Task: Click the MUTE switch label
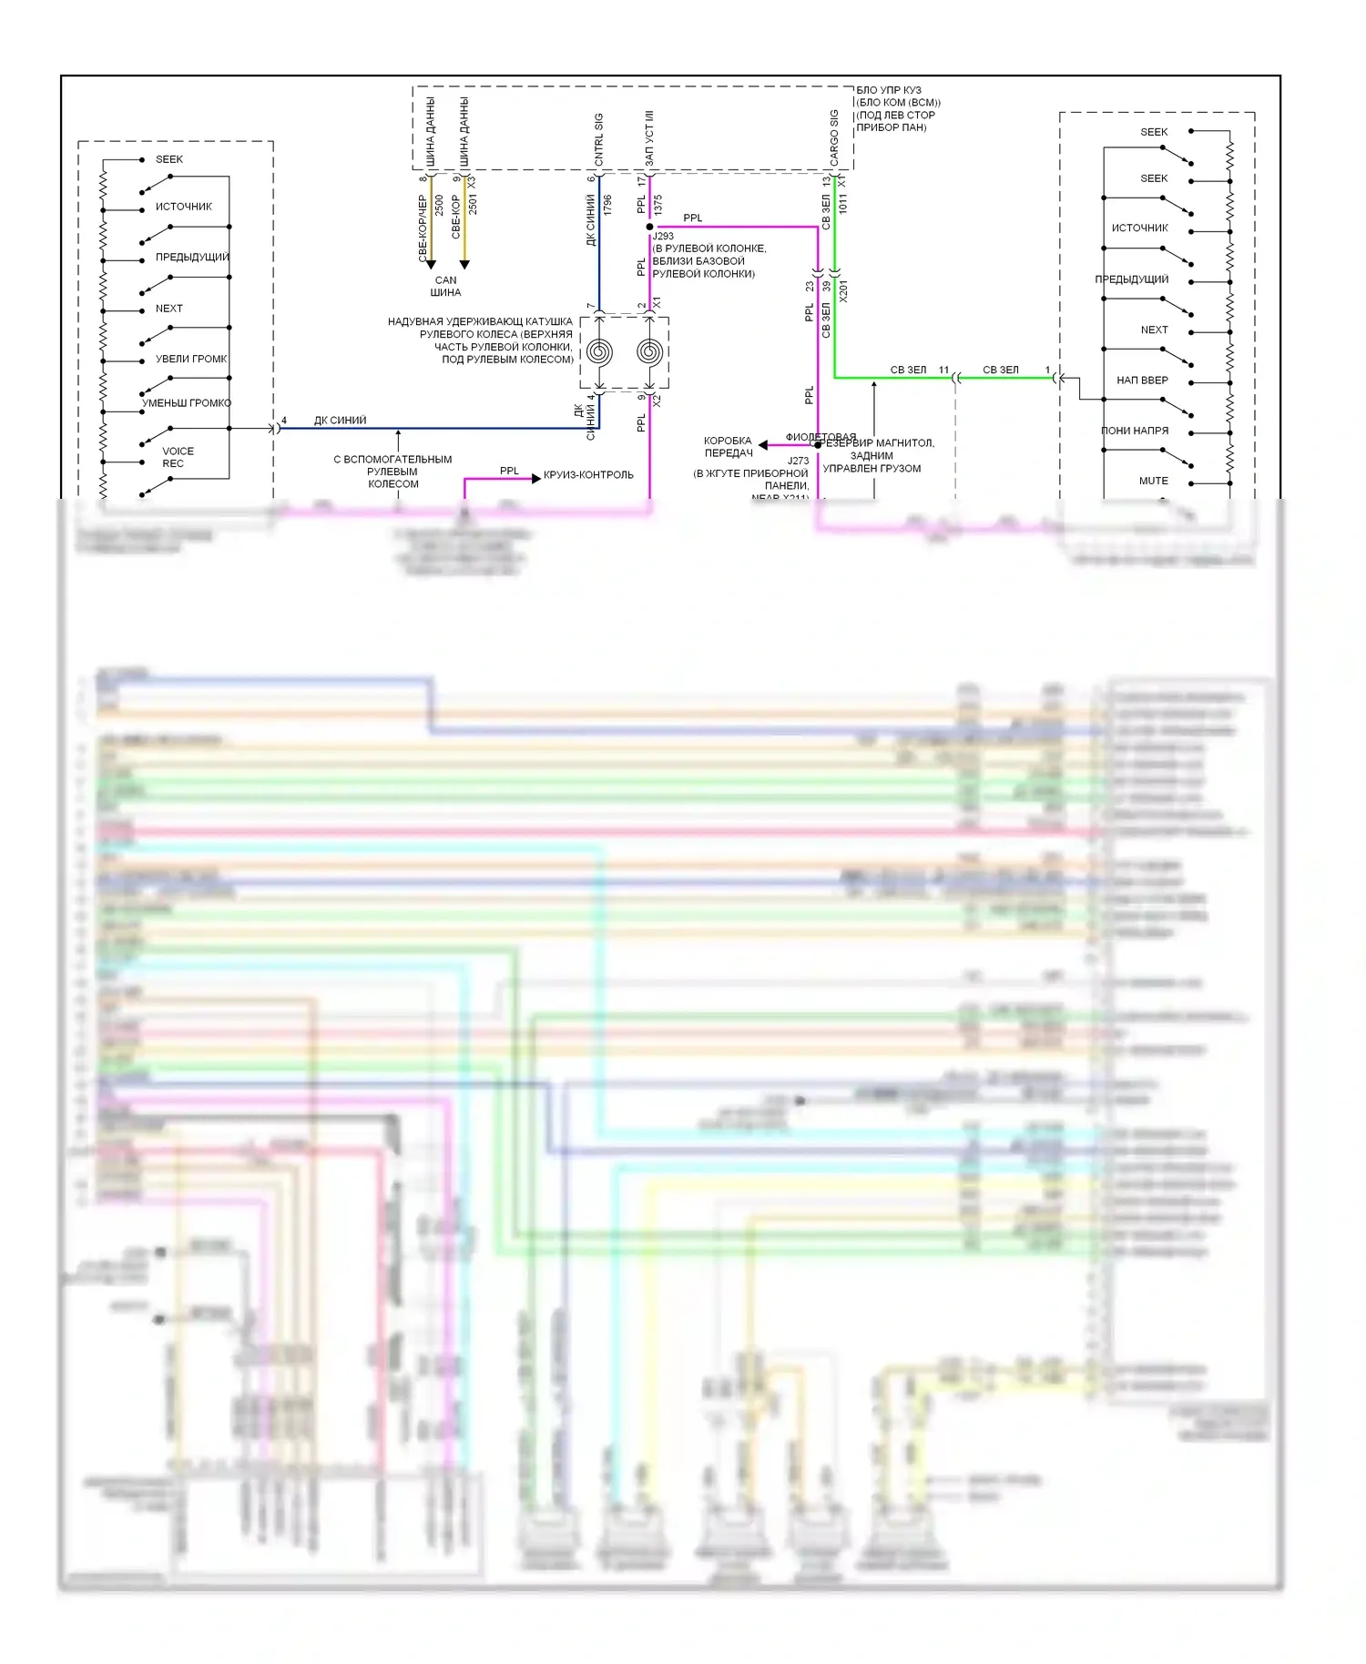click(1153, 481)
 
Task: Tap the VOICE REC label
click(177, 457)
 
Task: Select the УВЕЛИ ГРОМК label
click(191, 359)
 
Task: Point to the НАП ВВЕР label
click(1142, 380)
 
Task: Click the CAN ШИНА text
click(445, 287)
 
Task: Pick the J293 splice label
click(663, 237)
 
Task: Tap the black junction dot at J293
click(649, 227)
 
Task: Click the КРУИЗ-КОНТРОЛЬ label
click(588, 475)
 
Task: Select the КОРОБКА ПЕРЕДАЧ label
click(728, 447)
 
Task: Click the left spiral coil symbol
click(599, 351)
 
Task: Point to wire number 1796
click(607, 205)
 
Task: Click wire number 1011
click(843, 204)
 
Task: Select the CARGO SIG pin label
click(834, 138)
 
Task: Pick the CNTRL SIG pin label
click(599, 139)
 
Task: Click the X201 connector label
click(843, 291)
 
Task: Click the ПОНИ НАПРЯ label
click(1135, 431)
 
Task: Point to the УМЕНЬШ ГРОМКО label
click(187, 403)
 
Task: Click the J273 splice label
click(798, 461)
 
